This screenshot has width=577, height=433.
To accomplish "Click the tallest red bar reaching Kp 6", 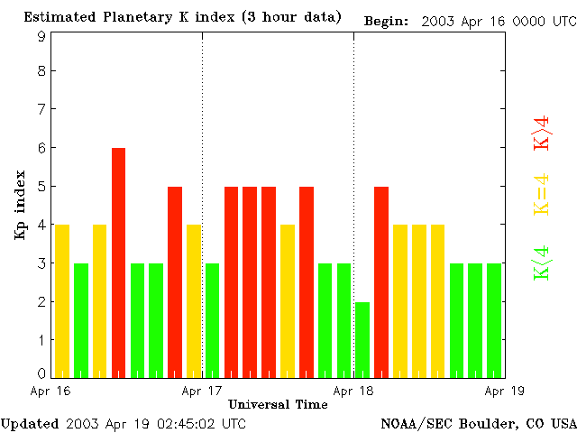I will [x=118, y=262].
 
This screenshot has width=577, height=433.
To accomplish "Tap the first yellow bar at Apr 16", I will [x=62, y=300].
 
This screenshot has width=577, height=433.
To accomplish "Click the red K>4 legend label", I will [x=542, y=133].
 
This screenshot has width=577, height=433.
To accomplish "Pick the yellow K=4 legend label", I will [x=542, y=194].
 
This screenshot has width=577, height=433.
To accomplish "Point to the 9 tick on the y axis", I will [x=41, y=37].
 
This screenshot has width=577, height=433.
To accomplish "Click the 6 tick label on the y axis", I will [x=41, y=148].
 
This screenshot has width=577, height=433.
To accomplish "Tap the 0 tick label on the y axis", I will [x=41, y=373].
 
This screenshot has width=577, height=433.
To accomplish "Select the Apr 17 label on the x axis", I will [x=202, y=392].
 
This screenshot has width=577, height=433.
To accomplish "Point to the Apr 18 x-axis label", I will [x=353, y=392].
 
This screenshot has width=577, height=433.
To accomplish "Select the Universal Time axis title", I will [x=278, y=404].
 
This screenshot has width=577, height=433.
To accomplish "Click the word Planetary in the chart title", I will [x=124, y=17].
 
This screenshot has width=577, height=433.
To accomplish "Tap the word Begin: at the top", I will [x=387, y=21].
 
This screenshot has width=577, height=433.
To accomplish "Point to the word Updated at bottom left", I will [x=30, y=423].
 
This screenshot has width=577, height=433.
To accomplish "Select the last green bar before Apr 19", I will [x=493, y=319].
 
